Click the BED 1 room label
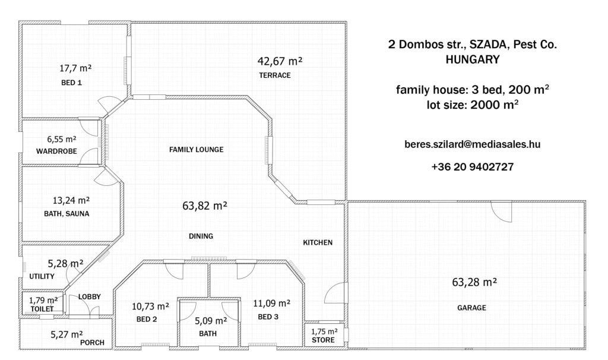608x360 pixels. coord(71,83)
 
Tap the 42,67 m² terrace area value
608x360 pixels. coord(280,61)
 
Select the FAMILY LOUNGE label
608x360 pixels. coord(196,149)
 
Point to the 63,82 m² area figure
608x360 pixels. coord(205,206)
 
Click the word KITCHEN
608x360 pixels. coord(318,242)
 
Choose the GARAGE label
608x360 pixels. coord(471,308)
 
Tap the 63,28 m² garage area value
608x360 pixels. coord(474,282)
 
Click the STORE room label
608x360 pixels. coord(324,340)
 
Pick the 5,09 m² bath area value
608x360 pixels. coord(211,321)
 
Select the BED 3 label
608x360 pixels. coord(268,317)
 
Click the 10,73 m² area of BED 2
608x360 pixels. coord(150,307)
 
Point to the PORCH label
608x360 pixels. coord(92,343)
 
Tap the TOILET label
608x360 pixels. coord(42,309)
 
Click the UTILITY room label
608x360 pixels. coord(42,276)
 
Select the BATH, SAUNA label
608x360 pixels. coord(66,214)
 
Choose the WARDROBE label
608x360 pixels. coord(56,151)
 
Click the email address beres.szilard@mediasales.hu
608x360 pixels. coord(472,144)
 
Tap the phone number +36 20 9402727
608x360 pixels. coord(472,167)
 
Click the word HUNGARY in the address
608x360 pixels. coord(473,59)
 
